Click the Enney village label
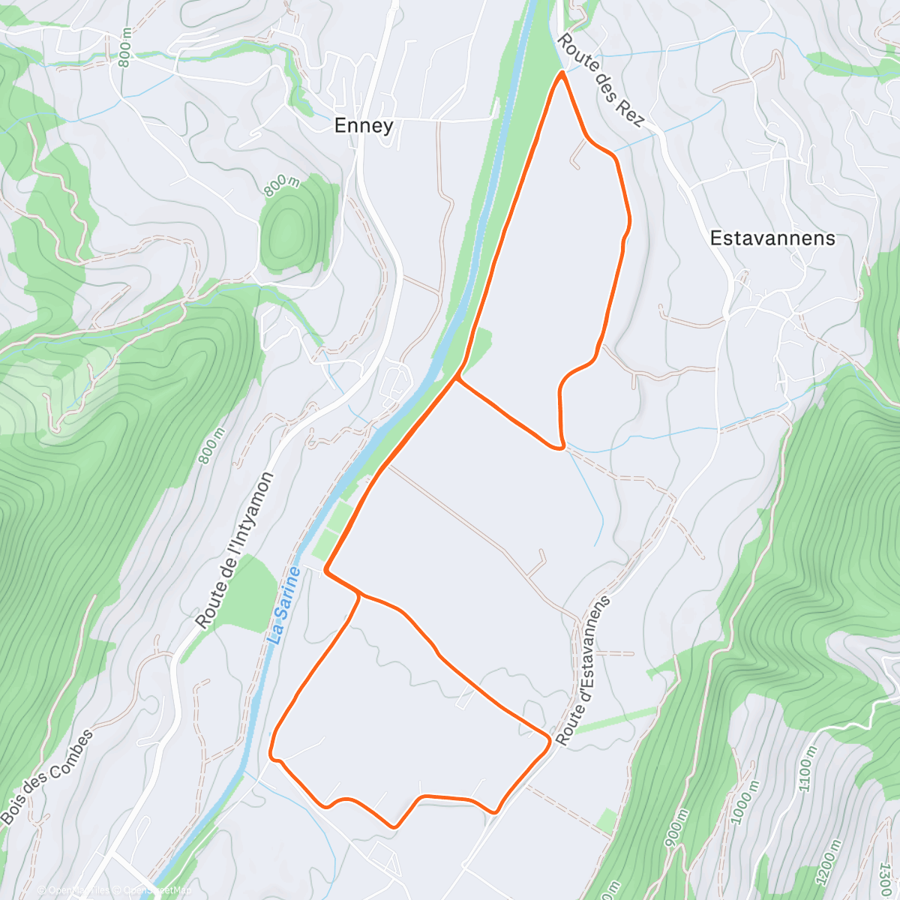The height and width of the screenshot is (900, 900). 364,125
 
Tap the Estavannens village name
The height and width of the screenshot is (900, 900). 772,238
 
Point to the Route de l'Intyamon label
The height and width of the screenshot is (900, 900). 235,550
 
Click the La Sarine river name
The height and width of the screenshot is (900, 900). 284,606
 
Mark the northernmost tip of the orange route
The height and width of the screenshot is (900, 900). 562,72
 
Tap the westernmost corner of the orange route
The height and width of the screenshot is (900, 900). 271,752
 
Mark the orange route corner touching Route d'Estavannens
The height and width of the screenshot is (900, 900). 550,740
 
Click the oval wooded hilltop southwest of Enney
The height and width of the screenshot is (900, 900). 289,223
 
